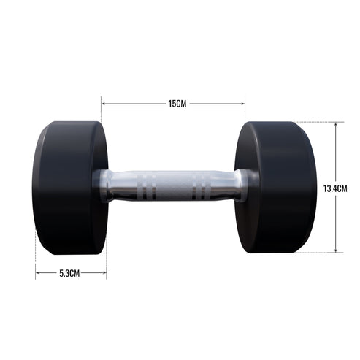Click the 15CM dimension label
click(177, 104)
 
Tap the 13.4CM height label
click(335, 188)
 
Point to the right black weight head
click(277, 188)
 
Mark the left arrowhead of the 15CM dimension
click(104, 104)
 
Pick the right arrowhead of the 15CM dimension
click(243, 104)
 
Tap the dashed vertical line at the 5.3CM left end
click(34, 263)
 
